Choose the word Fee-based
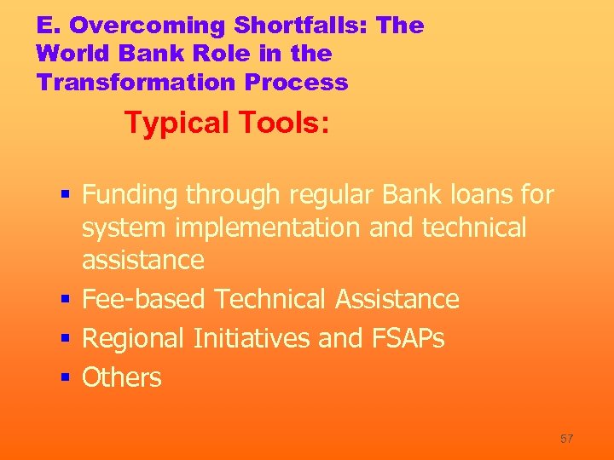click(144, 299)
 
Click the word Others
click(121, 377)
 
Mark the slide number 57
click(566, 439)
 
